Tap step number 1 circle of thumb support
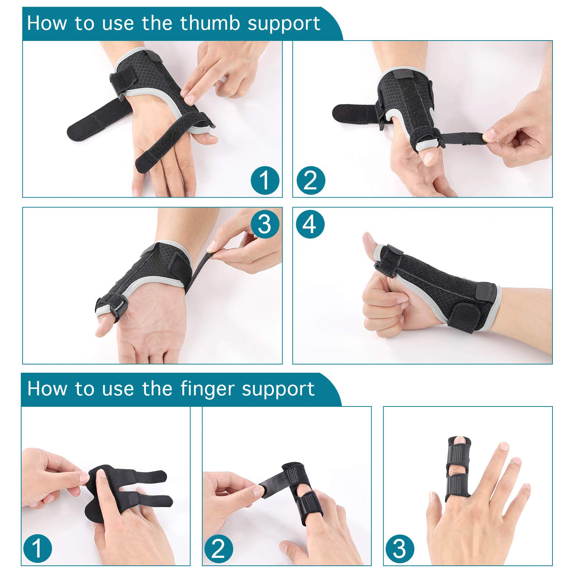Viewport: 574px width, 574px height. pos(265,180)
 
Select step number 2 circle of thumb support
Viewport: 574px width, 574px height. pos(311,180)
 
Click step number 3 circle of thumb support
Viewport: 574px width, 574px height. pos(265,225)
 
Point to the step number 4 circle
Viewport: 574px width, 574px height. pos(310,225)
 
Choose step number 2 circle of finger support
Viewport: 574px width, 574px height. pos(218,549)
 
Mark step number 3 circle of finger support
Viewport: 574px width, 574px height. pos(400,549)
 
